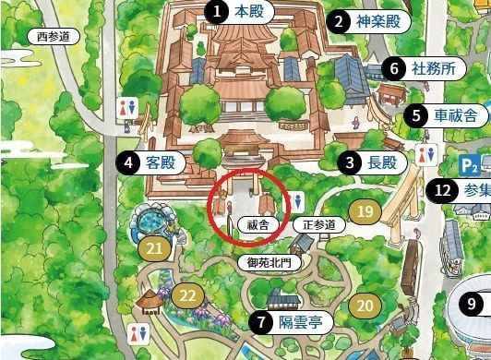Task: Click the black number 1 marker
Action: tap(215, 12)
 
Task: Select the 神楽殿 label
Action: tap(379, 20)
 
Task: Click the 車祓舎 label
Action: tap(455, 115)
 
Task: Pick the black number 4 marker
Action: tap(127, 163)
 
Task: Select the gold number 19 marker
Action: tap(365, 212)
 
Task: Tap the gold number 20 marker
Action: tap(365, 306)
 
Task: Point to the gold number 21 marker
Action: tap(154, 247)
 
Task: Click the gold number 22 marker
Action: tap(187, 295)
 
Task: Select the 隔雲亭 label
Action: tap(300, 323)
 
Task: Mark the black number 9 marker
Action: tap(472, 303)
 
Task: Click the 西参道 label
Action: tap(53, 36)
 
